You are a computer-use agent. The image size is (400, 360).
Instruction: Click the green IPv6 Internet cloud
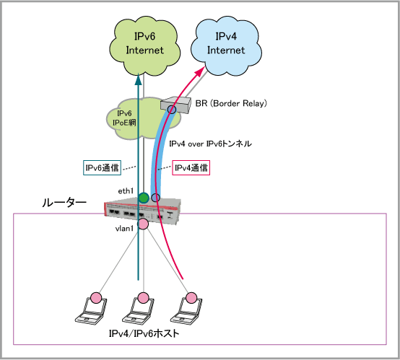[x=144, y=46]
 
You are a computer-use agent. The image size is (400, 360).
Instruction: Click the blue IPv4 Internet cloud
[x=226, y=46]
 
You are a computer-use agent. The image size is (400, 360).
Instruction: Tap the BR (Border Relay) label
[x=231, y=103]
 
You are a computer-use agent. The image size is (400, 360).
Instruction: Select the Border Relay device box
[x=176, y=105]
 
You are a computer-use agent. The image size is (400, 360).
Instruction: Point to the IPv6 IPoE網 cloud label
[x=124, y=118]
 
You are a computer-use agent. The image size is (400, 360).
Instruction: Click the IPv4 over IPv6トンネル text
[x=210, y=144]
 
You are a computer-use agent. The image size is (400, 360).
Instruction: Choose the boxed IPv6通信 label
[x=102, y=167]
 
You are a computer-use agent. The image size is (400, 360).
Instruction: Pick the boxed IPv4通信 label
[x=191, y=167]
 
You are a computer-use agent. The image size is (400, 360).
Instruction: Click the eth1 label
[x=126, y=191]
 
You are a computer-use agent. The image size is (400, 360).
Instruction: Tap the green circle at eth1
[x=144, y=198]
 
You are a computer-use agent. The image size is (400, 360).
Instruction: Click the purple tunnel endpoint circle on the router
[x=155, y=198]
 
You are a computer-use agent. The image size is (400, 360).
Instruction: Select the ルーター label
[x=64, y=203]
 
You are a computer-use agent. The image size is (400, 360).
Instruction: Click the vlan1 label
[x=124, y=229]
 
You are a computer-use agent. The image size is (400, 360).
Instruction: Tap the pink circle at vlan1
[x=143, y=224]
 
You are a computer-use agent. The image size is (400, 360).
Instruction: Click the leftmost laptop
[x=91, y=309]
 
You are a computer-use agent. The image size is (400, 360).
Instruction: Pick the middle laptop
[x=138, y=309]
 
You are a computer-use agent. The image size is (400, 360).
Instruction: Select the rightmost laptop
[x=186, y=309]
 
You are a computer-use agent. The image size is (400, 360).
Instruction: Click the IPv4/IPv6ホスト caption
[x=144, y=333]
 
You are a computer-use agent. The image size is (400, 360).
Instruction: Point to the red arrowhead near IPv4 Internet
[x=200, y=71]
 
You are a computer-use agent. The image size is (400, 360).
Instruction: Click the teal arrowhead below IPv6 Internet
[x=138, y=79]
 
